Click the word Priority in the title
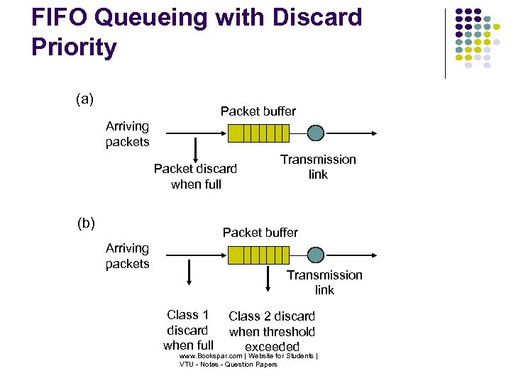coord(74,48)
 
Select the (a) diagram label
coord(85,99)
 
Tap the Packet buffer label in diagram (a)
coord(258,111)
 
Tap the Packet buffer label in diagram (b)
coord(260,233)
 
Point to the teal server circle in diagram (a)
coord(316,133)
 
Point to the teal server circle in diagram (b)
coord(316,255)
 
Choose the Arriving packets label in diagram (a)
coord(127,134)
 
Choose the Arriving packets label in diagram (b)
coord(127,256)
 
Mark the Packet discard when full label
coord(195,177)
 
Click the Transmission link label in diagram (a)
coord(318,167)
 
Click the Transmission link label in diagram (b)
coord(324,282)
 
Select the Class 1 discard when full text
coord(187,331)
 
